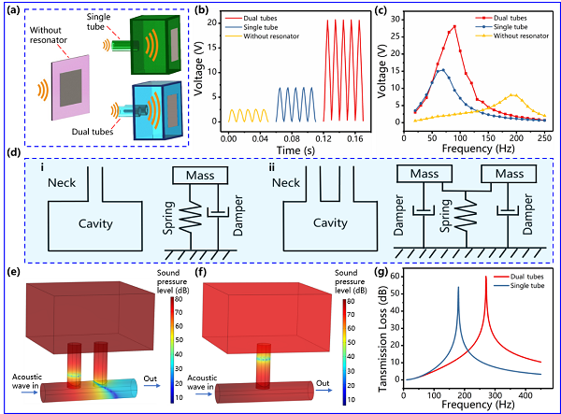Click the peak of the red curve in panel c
pyautogui.click(x=454, y=26)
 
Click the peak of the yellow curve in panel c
pyautogui.click(x=513, y=95)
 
